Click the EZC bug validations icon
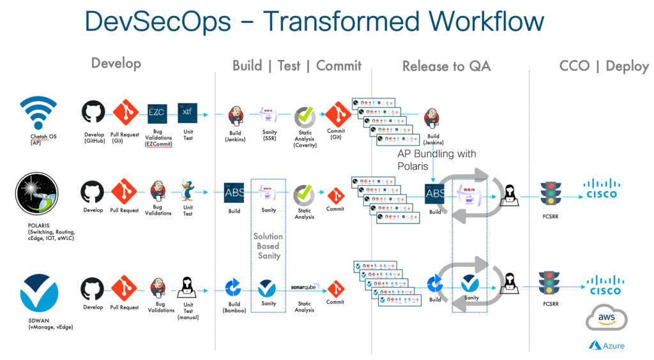156,112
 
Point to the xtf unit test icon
187,112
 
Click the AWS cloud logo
604,317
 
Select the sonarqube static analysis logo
305,287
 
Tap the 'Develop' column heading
116,63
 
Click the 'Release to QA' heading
446,66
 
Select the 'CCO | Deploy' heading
604,66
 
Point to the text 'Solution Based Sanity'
268,246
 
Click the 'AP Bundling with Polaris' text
436,160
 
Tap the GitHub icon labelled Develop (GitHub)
93,112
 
